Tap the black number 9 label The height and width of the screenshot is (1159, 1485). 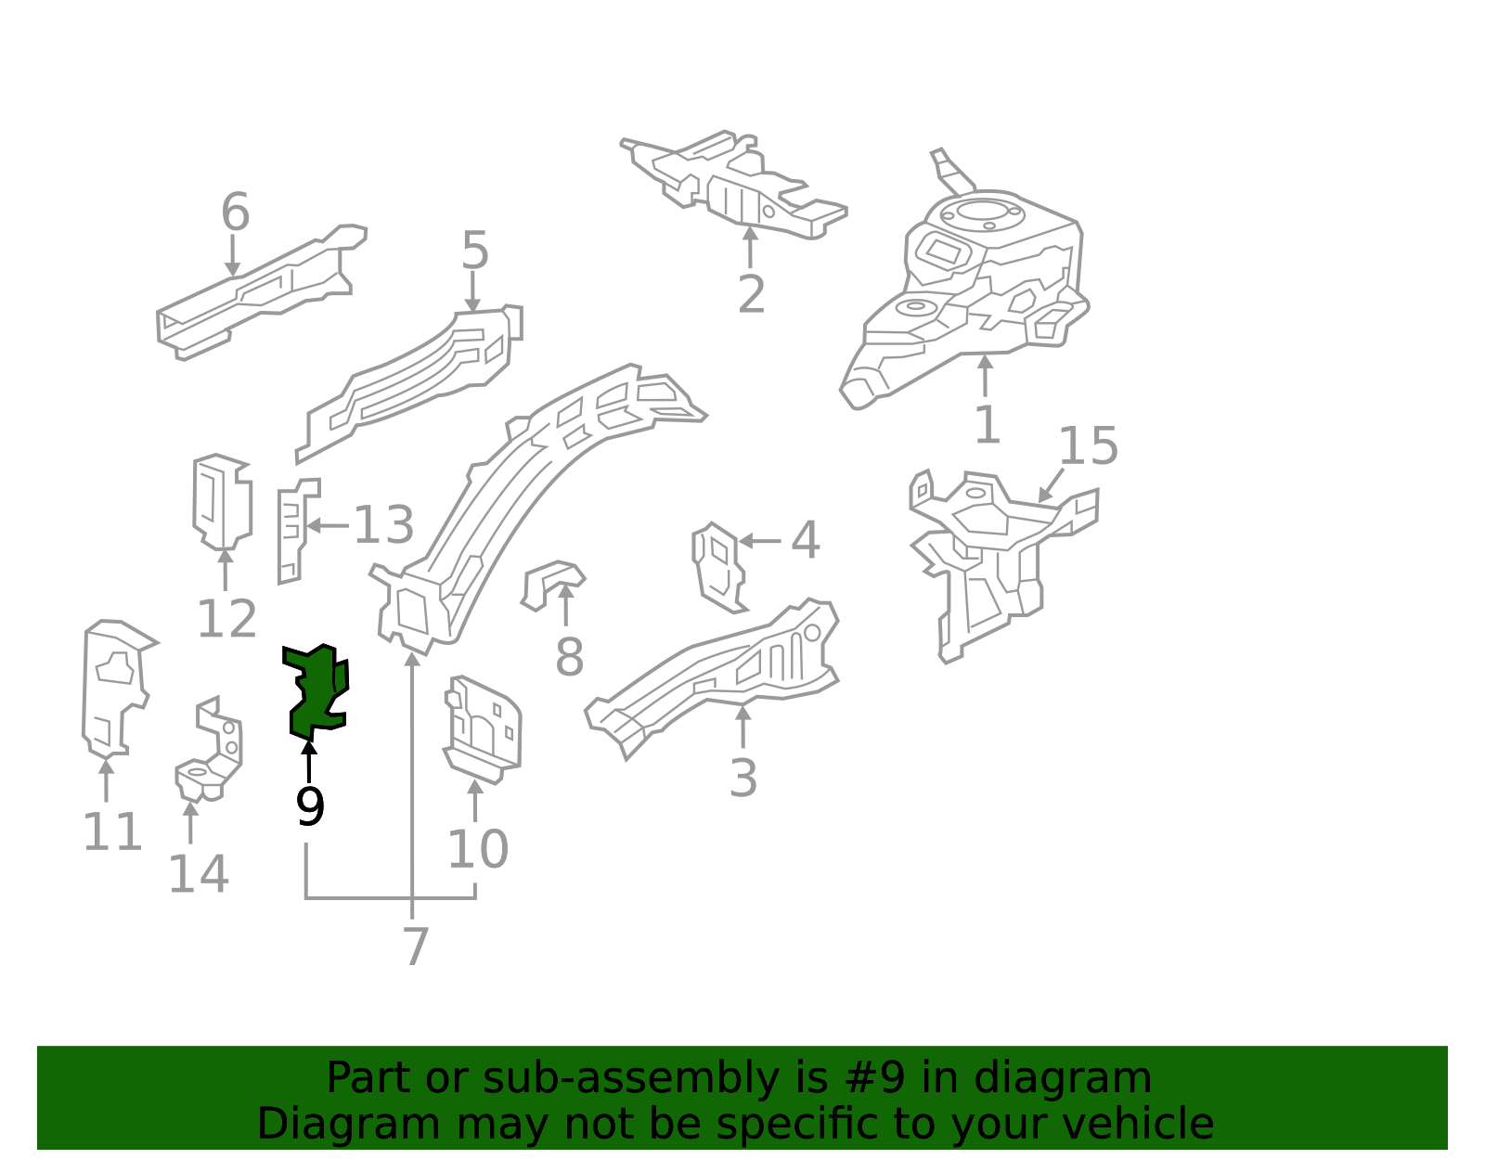(310, 806)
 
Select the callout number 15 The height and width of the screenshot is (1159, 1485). (1088, 446)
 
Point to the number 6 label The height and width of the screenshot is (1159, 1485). (235, 212)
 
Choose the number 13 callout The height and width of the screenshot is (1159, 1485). (383, 525)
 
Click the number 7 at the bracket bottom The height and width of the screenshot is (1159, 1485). (416, 947)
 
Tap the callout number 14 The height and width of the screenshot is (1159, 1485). (198, 874)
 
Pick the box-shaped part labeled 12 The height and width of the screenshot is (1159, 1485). (222, 501)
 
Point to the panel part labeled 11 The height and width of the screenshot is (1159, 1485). (114, 687)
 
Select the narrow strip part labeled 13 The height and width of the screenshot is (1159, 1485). (291, 531)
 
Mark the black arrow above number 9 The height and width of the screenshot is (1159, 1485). (309, 760)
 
